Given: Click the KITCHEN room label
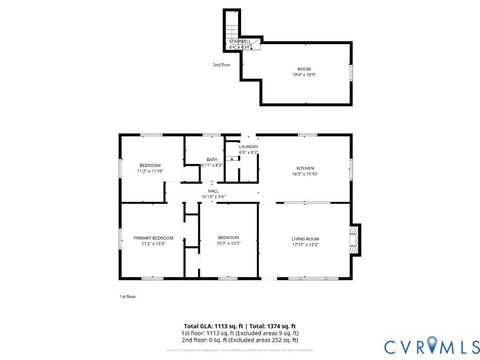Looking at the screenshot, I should tap(305, 167).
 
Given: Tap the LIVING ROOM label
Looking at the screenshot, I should tap(305, 238).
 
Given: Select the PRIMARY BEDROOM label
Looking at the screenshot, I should tap(153, 238).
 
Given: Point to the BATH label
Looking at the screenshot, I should tap(212, 159).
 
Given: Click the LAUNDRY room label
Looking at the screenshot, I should tap(248, 147).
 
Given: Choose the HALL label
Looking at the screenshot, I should tap(213, 191).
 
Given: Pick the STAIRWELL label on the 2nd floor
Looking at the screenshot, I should tap(241, 40).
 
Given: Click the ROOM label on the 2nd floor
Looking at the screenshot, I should tap(305, 69).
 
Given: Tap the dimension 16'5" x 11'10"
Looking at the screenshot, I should tap(305, 173).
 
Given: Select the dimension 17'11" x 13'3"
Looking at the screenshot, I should tap(305, 244).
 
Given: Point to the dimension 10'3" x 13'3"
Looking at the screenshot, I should tap(228, 244).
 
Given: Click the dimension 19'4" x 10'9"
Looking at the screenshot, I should tap(305, 75).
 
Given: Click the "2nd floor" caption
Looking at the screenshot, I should tap(222, 65).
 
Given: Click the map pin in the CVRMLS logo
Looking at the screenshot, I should tap(431, 344).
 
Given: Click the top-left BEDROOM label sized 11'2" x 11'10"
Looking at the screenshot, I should tap(150, 164).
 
